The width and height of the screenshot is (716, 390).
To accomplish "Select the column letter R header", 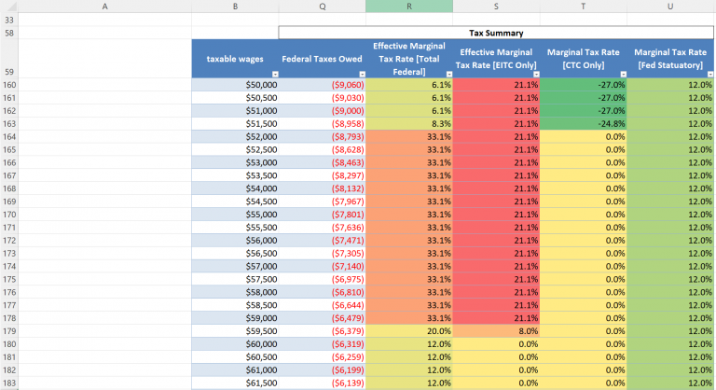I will [x=408, y=6].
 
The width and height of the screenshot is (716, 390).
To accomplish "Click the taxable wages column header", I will [x=234, y=58].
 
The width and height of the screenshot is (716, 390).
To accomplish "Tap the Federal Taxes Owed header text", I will [x=322, y=58].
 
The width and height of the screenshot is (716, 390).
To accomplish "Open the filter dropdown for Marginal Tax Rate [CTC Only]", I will [x=620, y=73].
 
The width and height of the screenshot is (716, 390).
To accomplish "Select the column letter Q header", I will [x=322, y=6].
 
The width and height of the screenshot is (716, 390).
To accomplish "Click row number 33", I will [x=8, y=19].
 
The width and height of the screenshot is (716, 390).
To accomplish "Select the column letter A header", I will [x=103, y=6].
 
